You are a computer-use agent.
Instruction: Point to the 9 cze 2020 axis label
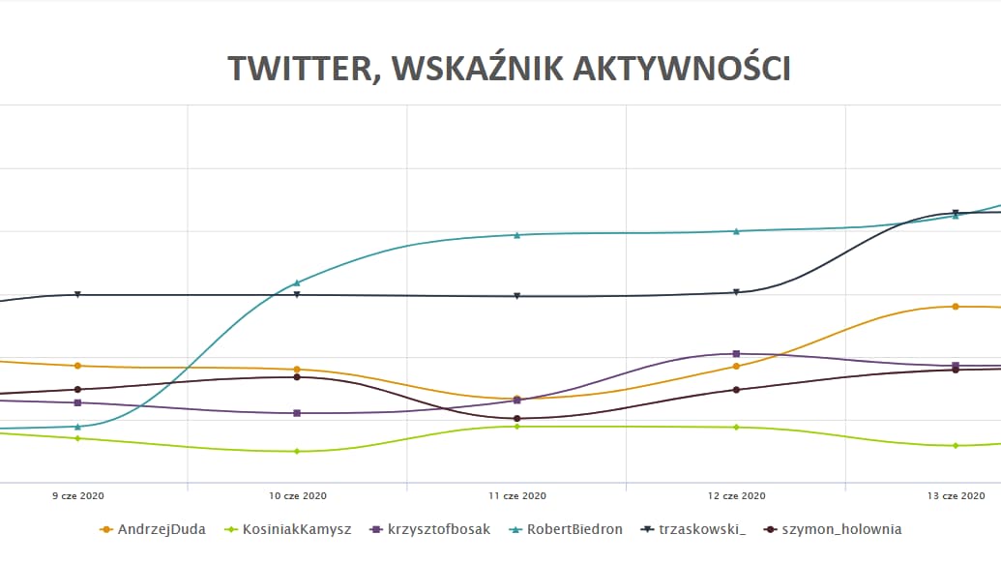tap(77, 495)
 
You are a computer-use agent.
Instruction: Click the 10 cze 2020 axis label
tap(297, 495)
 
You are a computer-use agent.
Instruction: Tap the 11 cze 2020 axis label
tap(517, 495)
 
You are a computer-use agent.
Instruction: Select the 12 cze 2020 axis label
tap(737, 495)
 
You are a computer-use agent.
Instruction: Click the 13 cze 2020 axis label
tap(956, 495)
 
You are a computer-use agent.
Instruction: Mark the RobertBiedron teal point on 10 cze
tap(297, 282)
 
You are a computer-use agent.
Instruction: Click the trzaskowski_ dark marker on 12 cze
tap(737, 292)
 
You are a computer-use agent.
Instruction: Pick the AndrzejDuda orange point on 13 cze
tap(956, 307)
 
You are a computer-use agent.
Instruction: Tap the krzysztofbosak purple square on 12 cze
tap(737, 354)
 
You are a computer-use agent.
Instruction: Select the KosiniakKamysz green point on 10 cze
tap(297, 451)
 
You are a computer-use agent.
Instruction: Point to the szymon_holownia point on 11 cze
tap(517, 419)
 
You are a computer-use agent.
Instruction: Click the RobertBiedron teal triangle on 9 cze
tap(77, 426)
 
